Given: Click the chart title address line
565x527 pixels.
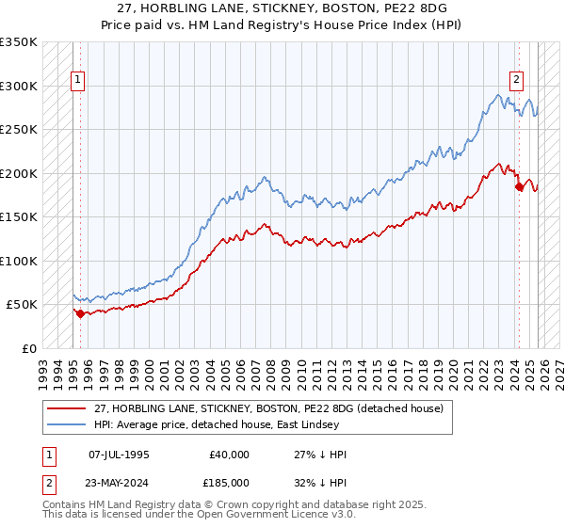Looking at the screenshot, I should pyautogui.click(x=282, y=7).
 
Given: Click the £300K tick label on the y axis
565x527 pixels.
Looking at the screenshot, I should pyautogui.click(x=19, y=86).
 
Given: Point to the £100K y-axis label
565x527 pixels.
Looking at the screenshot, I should pyautogui.click(x=19, y=261).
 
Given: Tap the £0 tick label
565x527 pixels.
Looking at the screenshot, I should pyautogui.click(x=30, y=348).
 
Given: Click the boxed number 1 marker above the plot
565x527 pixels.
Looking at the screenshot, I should pyautogui.click(x=77, y=80).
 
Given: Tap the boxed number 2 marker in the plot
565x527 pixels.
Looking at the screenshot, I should pyautogui.click(x=517, y=80).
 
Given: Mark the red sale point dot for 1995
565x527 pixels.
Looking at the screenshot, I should pyautogui.click(x=80, y=313).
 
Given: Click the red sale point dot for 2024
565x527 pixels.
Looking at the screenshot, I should pyautogui.click(x=519, y=186).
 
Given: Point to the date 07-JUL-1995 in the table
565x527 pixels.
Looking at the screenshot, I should pyautogui.click(x=119, y=455).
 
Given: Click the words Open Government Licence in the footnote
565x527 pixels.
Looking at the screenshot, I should pyautogui.click(x=232, y=515).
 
